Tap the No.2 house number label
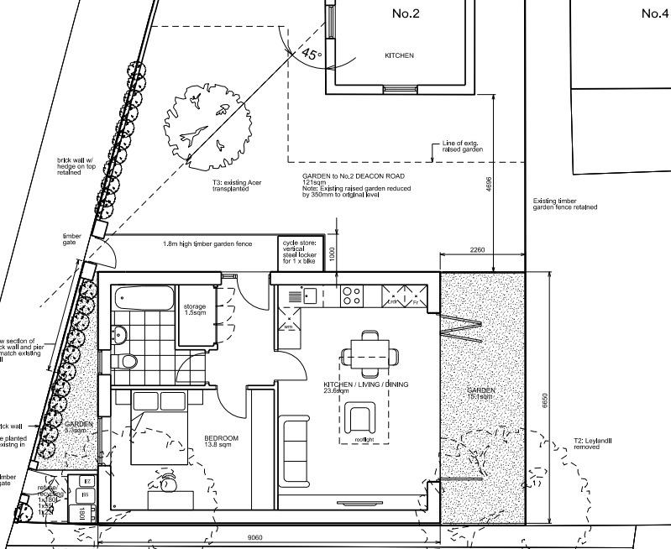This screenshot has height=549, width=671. pos(406,13)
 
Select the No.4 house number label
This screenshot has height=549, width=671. pos(654,13)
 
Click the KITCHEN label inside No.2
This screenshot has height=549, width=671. pos(399,56)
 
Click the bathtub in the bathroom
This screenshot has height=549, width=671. pos(144,299)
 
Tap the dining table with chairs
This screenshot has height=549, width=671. pos(370,354)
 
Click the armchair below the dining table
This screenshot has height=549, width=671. pos(363,416)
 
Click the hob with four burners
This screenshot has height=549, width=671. pos(351,295)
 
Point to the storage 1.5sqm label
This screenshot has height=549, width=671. pos(195,310)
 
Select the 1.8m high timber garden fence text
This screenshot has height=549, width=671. pos(207,244)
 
